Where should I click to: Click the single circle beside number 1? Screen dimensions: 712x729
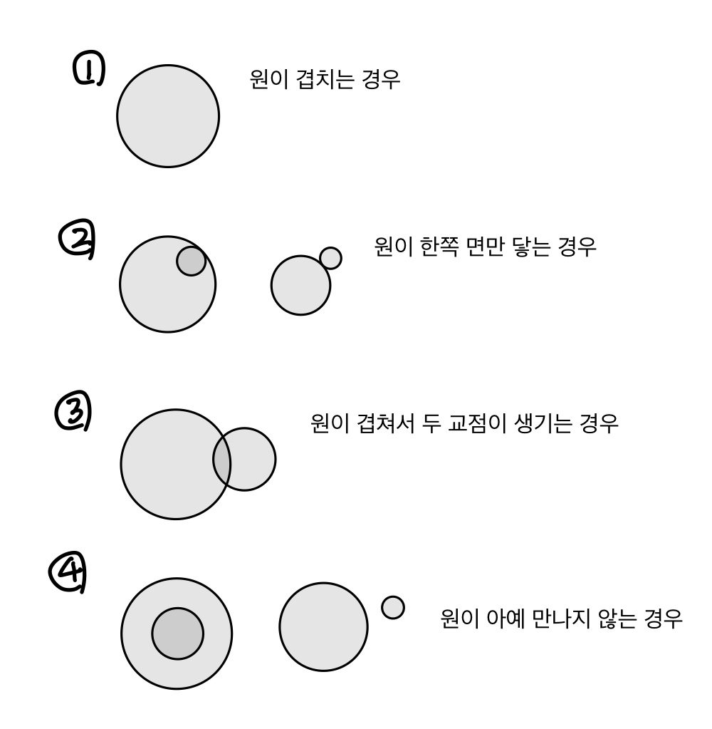click(168, 116)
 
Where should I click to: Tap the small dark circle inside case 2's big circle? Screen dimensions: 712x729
click(191, 261)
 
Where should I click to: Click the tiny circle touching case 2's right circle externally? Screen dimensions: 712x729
click(330, 258)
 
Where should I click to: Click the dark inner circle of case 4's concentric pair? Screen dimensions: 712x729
click(177, 634)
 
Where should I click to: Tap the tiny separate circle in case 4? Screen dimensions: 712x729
click(393, 607)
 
